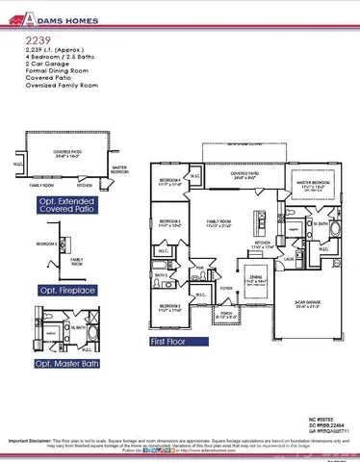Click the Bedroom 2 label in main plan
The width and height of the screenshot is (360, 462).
169,309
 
